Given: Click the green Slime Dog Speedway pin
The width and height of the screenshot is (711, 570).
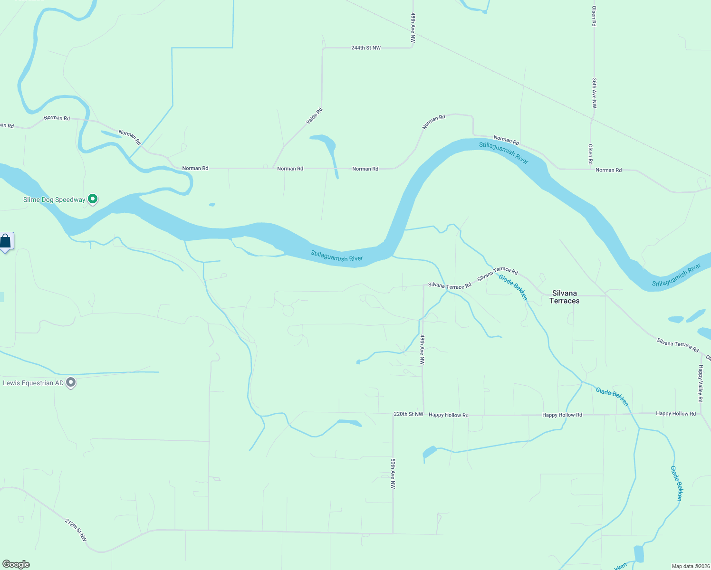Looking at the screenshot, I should click(93, 199).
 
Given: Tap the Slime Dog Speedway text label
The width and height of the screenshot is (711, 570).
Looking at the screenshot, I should click(54, 199).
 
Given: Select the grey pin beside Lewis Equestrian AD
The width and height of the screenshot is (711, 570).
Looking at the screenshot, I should click(71, 382).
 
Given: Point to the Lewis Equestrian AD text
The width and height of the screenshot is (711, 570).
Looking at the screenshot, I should click(33, 383).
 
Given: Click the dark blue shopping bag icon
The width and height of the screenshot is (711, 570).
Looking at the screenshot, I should click(5, 241).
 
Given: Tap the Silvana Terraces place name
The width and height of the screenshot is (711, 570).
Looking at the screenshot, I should click(565, 297).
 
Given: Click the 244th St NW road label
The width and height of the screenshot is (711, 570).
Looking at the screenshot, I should click(366, 48).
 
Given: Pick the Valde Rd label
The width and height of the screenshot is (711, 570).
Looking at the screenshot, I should click(314, 116).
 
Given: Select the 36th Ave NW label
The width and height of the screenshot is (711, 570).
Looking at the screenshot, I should click(594, 93).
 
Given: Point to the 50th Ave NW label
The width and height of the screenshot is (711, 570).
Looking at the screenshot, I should click(393, 474).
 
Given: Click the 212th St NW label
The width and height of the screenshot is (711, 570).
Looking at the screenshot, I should click(76, 530).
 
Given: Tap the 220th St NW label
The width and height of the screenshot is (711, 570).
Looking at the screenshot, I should click(408, 414).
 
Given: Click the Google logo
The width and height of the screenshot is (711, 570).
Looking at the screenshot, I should click(16, 564).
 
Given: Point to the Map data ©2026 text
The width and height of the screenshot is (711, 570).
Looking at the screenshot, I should click(690, 566).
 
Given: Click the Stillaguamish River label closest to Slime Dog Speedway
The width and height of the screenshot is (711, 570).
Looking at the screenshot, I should click(336, 256).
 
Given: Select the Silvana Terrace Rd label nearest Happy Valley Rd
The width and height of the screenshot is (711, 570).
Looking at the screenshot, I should click(678, 345).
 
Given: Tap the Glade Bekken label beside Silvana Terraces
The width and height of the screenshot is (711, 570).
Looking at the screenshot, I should click(513, 287).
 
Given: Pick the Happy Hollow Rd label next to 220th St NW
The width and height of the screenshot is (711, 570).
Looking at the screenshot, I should click(449, 415).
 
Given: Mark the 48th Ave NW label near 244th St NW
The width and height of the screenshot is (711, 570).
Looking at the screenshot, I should click(413, 28).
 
